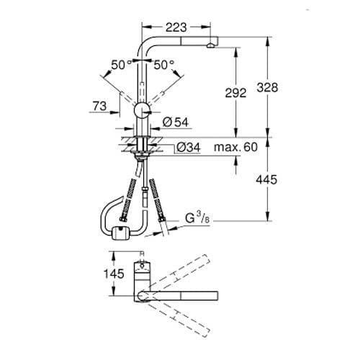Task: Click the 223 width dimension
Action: pyautogui.click(x=176, y=27)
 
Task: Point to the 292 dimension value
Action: pyautogui.click(x=235, y=93)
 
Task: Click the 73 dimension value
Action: pyautogui.click(x=101, y=107)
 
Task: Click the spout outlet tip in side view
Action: pyautogui.click(x=210, y=46)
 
